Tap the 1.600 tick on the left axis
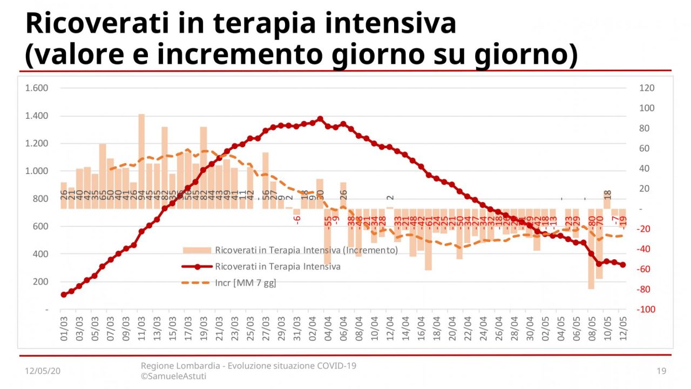[x=37, y=88]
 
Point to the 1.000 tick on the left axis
[x=37, y=171]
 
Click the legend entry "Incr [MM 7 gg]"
[x=245, y=283]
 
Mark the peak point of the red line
[x=320, y=119]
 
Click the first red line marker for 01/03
[x=64, y=294]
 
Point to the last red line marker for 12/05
[x=623, y=265]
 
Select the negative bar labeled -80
[x=591, y=249]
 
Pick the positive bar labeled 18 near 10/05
[x=607, y=200]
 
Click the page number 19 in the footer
[x=662, y=371]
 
